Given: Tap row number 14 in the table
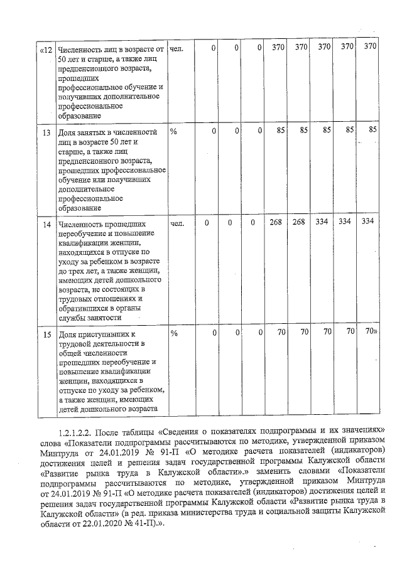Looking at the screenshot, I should (46, 223).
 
